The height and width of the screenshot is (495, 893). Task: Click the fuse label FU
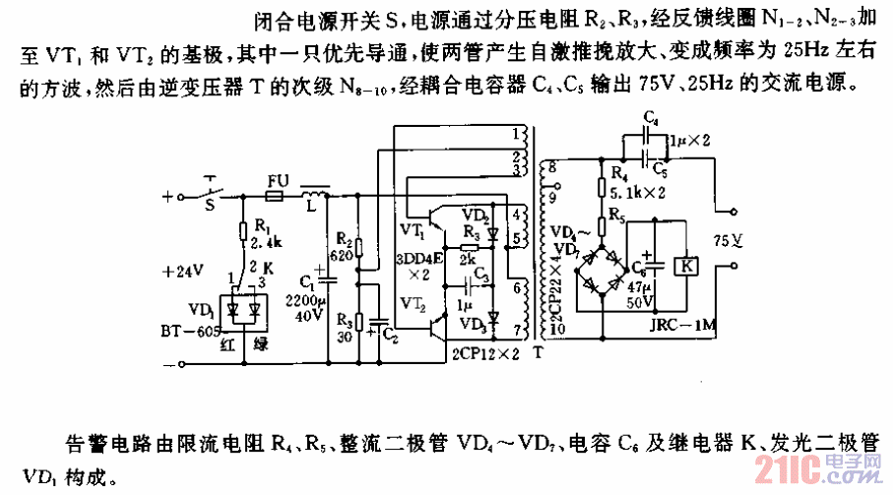click(279, 181)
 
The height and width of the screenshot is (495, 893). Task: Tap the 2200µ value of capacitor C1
click(308, 300)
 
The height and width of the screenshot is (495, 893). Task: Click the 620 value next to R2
click(342, 253)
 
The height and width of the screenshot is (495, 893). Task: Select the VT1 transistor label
click(413, 228)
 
